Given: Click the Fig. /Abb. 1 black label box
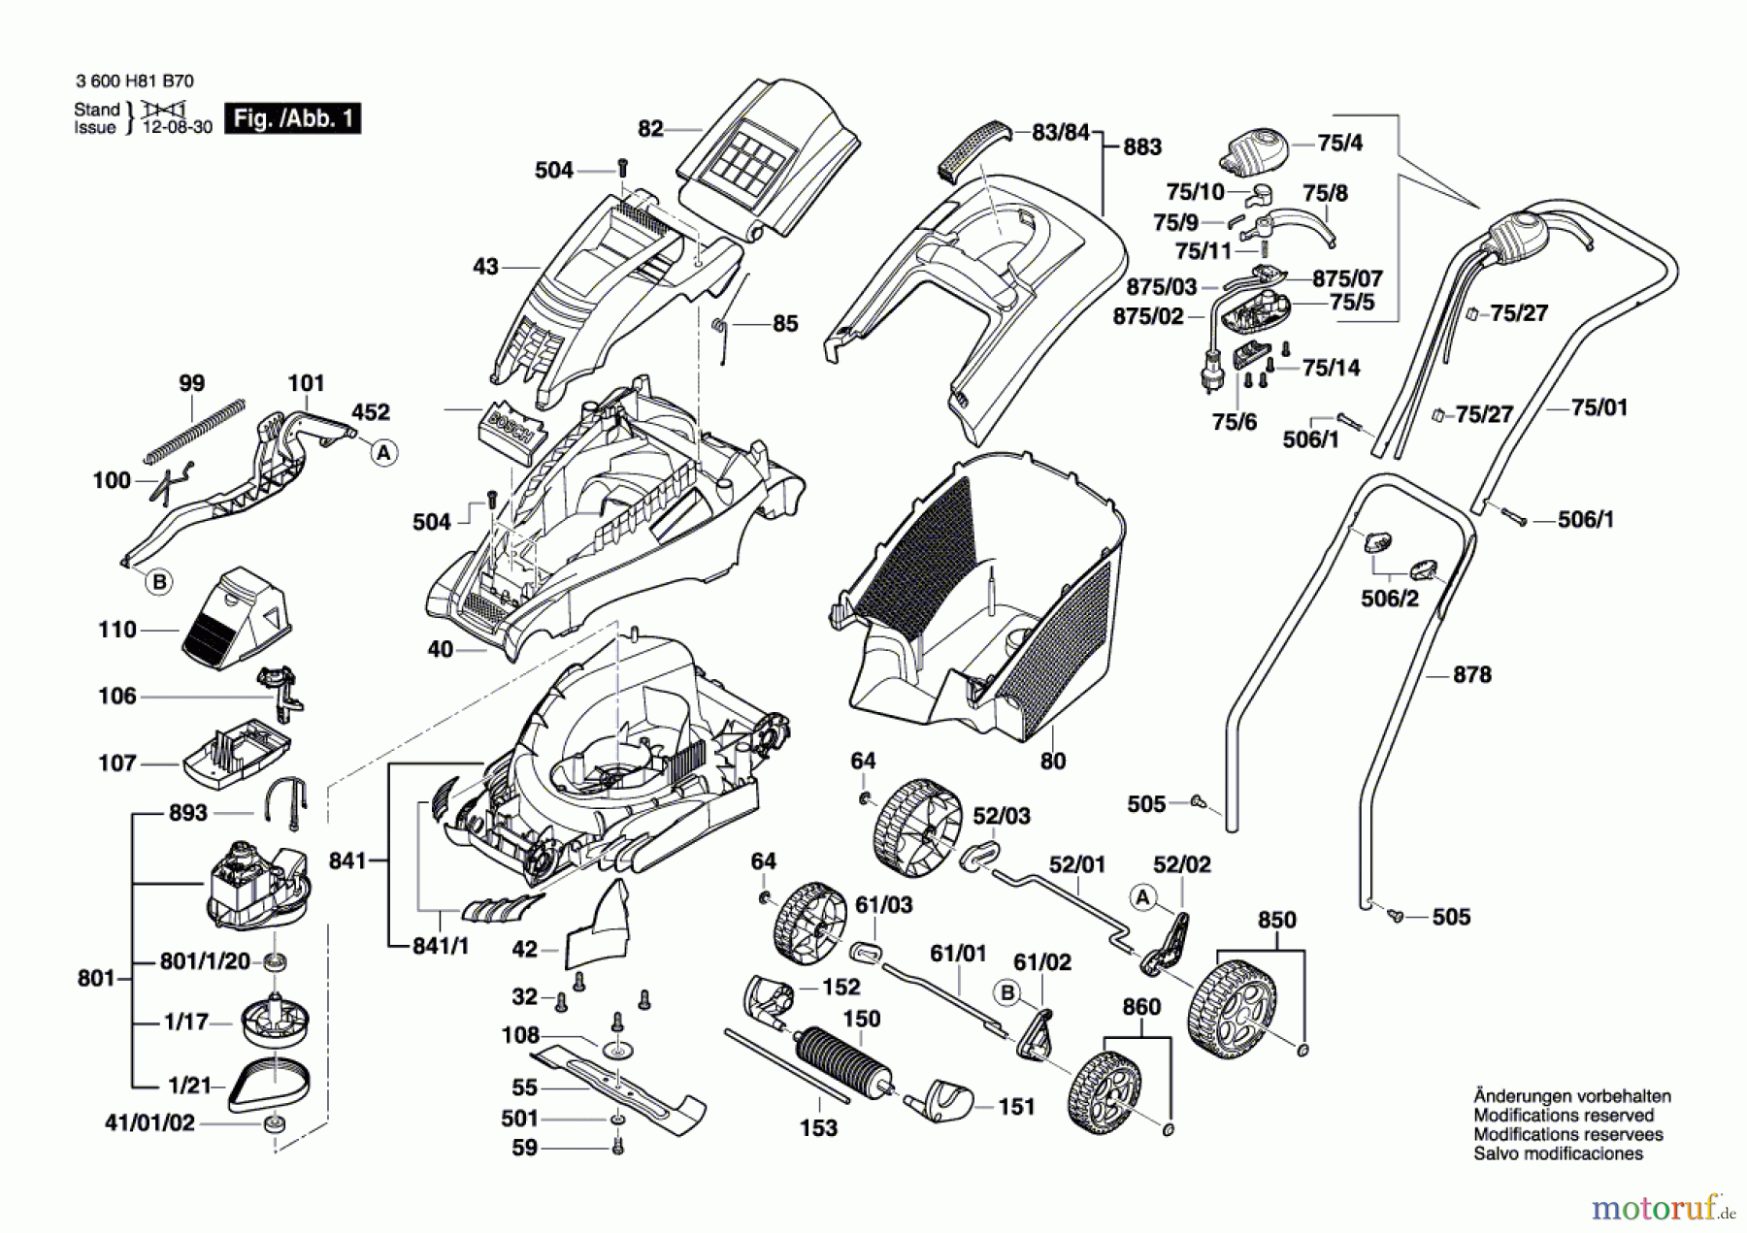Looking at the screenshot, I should point(292,118).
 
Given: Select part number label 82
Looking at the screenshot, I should point(650,128).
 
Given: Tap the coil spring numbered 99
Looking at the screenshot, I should point(194,429).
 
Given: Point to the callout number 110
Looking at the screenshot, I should point(117,630).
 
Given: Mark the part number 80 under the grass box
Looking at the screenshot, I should point(1053,761).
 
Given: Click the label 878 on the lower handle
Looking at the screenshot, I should point(1471,674).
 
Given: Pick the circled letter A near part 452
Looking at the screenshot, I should point(385,452).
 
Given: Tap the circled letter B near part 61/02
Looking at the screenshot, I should point(1007,992).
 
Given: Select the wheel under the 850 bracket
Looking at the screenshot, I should point(1233,1003).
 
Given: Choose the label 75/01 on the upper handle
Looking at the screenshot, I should point(1599,407).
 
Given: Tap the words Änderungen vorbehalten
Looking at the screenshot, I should point(1571,1096).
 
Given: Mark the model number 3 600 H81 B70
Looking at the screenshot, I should point(134,81).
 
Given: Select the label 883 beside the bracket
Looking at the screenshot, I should point(1142,146).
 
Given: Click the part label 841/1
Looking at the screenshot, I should point(441,945).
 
